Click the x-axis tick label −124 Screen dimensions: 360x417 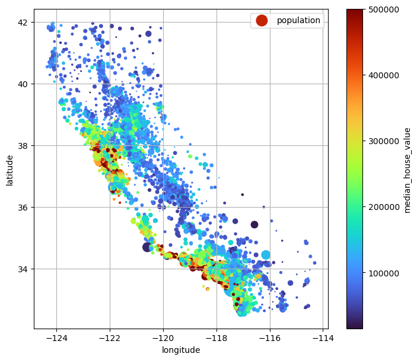(56, 338)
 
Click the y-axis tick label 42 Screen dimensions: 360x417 (23, 23)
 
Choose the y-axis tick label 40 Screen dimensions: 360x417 (23, 84)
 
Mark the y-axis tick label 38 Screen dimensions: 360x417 (23, 146)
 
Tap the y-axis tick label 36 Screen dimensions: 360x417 (23, 208)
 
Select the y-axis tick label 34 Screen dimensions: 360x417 (23, 269)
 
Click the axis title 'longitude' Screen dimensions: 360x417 (181, 351)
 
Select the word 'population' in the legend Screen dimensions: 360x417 (298, 21)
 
